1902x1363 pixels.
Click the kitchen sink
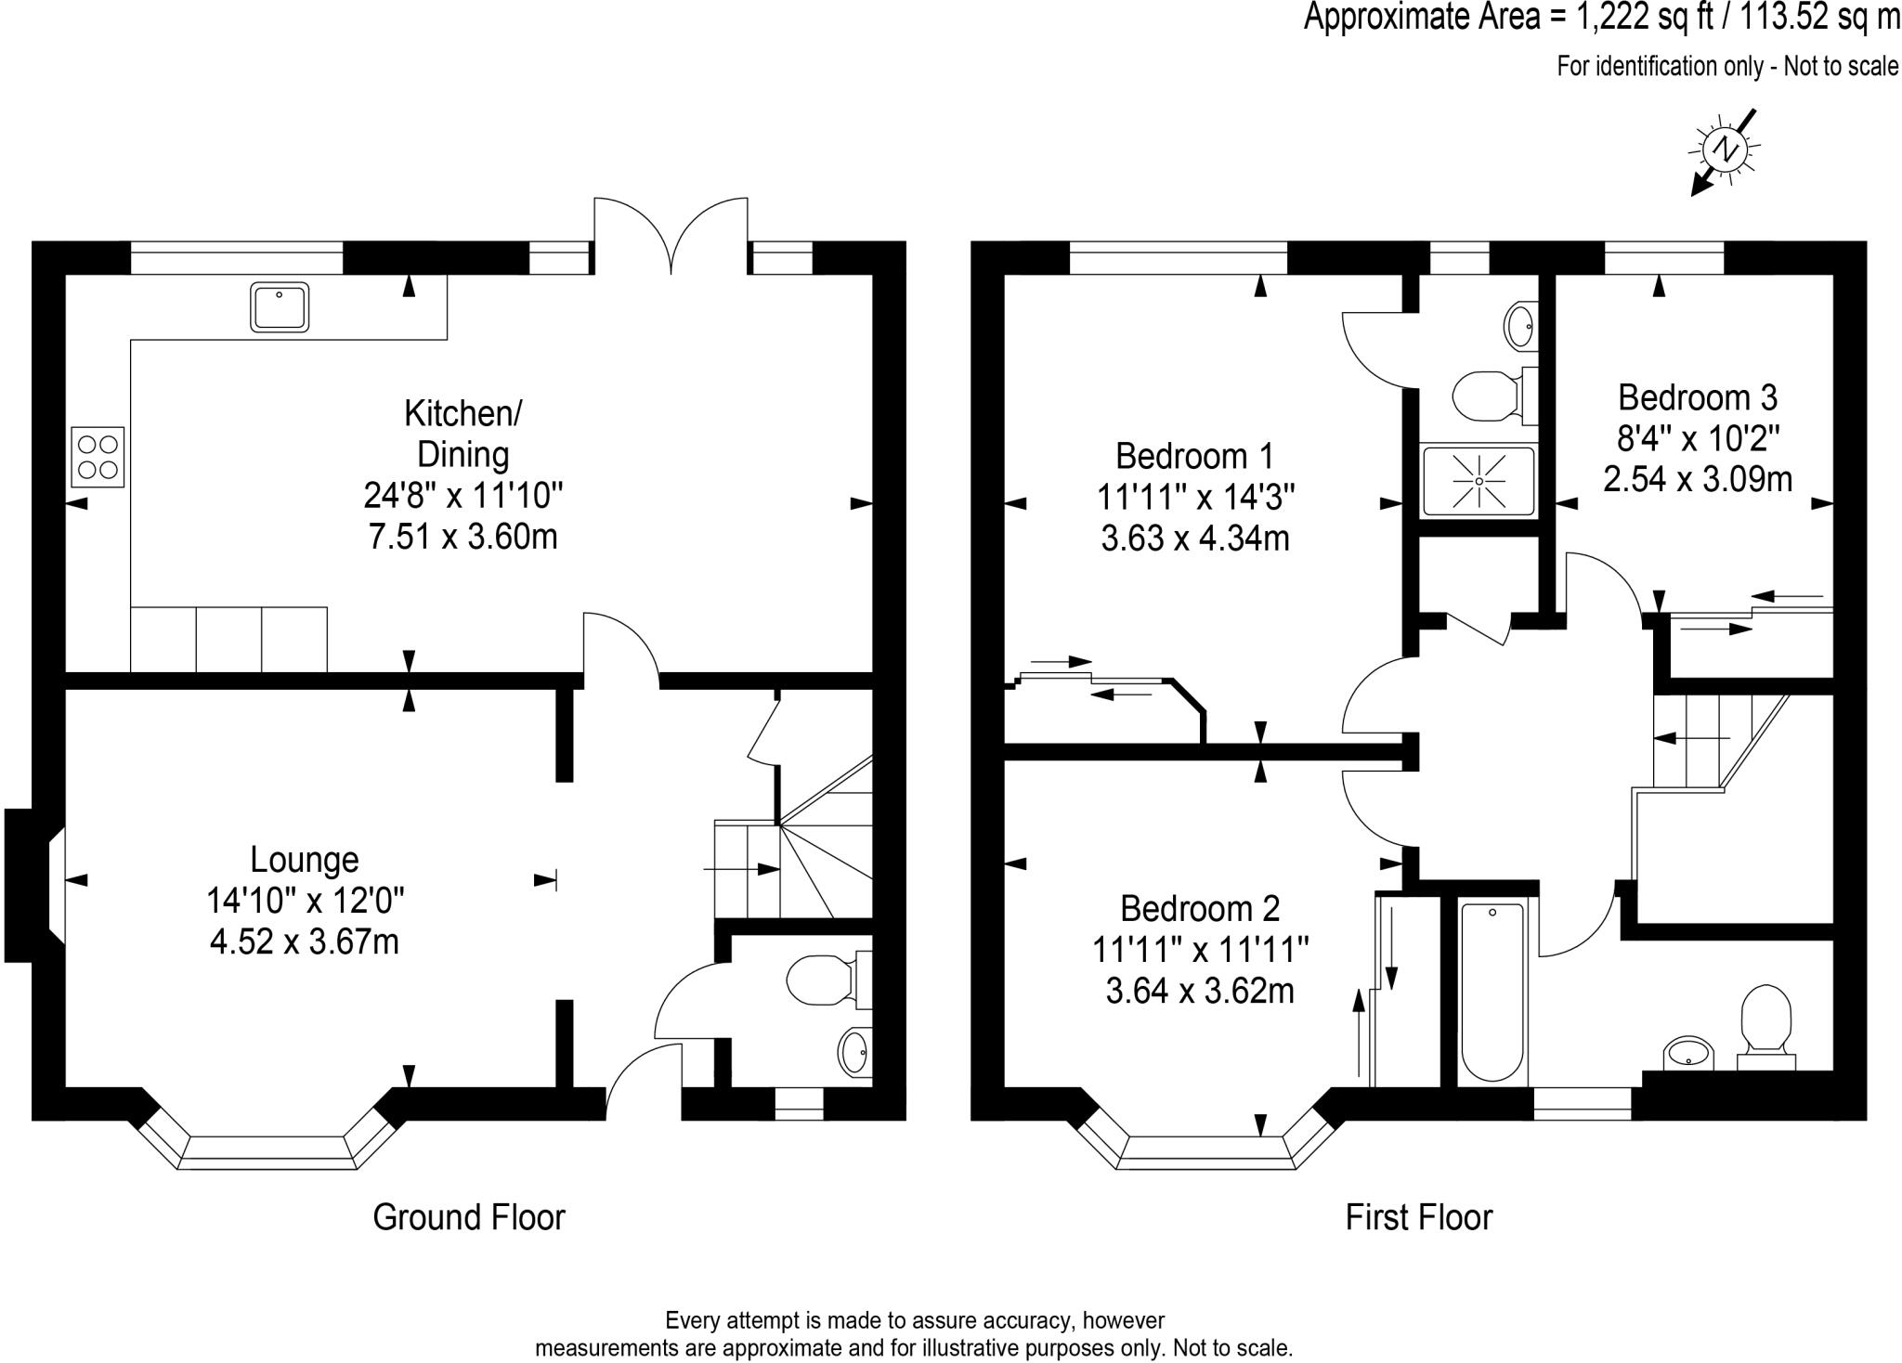point(280,306)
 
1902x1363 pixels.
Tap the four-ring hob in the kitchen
point(98,456)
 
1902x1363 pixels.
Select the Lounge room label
point(305,860)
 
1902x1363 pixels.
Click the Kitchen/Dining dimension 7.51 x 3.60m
point(463,537)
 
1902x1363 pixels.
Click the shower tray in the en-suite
point(1479,481)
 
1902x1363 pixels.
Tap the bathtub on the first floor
point(1492,993)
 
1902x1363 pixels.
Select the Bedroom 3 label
point(1698,397)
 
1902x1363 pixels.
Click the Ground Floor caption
point(469,1216)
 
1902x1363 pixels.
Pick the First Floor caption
point(1419,1216)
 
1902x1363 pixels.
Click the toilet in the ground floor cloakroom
point(828,979)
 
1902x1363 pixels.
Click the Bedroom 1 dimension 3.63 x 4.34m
point(1195,538)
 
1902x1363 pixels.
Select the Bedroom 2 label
point(1200,907)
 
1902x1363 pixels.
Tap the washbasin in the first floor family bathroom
point(1687,1054)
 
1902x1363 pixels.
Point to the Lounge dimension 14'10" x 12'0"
point(306,901)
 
